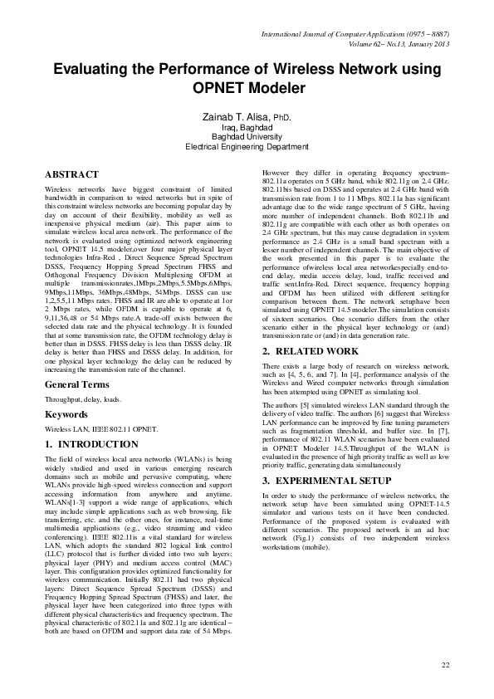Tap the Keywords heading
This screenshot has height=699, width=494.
tap(66, 413)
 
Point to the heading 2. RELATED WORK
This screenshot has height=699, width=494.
tap(311, 352)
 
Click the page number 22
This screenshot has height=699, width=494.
tap(445, 666)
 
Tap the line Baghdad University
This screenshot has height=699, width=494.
tap(247, 136)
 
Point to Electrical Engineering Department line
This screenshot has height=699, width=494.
tap(247, 146)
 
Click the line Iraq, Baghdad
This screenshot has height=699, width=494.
tap(247, 128)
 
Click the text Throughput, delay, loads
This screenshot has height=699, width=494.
tap(83, 399)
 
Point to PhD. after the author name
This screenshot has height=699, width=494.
tap(282, 119)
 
